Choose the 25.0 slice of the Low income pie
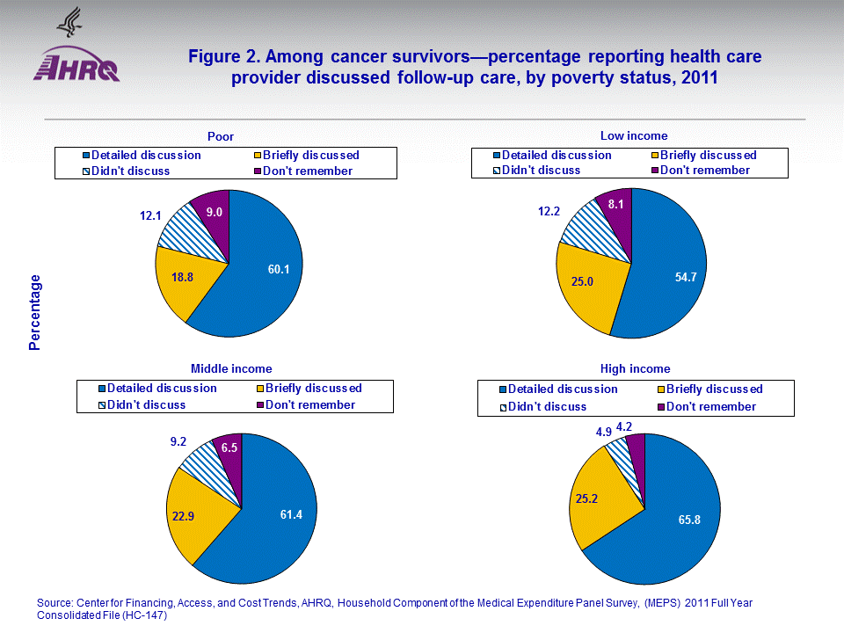[583, 281]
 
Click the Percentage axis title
[35, 312]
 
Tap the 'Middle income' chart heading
[231, 368]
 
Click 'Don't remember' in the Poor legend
[309, 171]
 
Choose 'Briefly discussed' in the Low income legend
[708, 155]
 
